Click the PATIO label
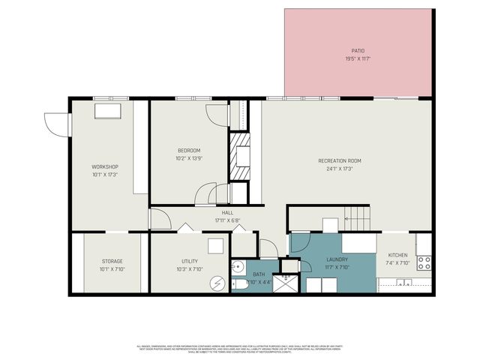coord(358,50)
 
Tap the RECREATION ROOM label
coord(340,160)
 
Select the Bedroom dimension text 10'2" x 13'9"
coord(188,158)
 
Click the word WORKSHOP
coord(105,166)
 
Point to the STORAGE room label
coord(112,261)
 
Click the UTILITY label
coord(188,261)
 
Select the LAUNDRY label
coord(337,259)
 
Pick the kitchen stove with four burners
coord(424,263)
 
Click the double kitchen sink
coord(404,283)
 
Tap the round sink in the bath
coord(238,265)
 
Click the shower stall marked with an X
coord(286,283)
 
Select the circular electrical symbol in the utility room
coord(217,283)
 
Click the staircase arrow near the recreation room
coord(356,218)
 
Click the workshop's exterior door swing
coord(54,124)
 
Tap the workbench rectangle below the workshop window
coord(106,110)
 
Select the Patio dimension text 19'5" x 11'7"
coord(358,58)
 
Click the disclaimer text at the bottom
coord(240,348)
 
